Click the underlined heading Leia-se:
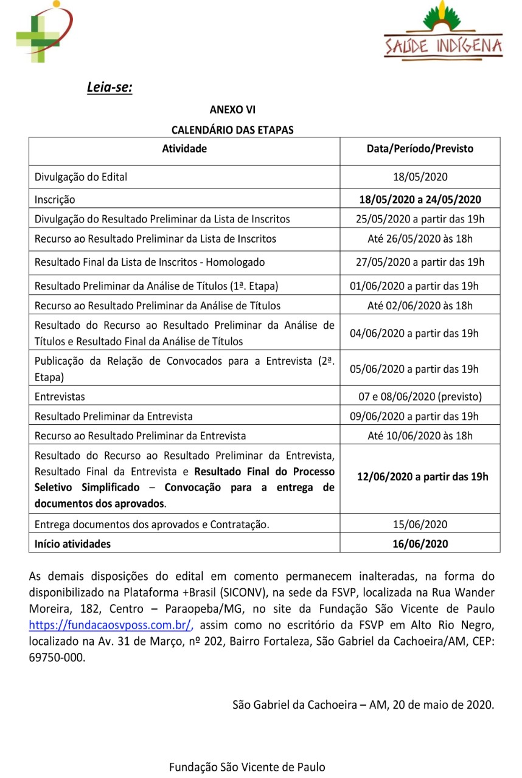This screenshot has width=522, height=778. [x=110, y=88]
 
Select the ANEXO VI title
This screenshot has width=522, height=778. [x=232, y=110]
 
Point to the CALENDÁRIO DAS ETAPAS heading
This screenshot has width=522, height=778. [x=232, y=129]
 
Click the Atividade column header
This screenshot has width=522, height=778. [x=184, y=148]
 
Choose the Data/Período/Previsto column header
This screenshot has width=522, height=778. [x=420, y=148]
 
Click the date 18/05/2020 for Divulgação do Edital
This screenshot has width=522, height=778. [x=420, y=177]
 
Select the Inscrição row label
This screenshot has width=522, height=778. [x=55, y=199]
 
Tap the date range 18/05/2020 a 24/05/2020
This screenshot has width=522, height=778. [x=420, y=199]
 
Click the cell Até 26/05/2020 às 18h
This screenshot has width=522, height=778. [x=420, y=239]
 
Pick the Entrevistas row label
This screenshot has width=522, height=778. [x=60, y=396]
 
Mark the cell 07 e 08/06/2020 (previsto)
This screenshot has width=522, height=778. [x=420, y=396]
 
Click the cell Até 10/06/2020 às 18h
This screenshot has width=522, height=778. [x=420, y=435]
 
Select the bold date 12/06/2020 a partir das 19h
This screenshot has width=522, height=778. [x=420, y=477]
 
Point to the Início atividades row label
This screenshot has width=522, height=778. [x=72, y=543]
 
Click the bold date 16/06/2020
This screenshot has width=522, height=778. [x=420, y=543]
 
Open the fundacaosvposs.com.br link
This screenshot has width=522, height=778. [x=111, y=624]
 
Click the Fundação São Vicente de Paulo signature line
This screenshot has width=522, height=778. [x=247, y=767]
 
